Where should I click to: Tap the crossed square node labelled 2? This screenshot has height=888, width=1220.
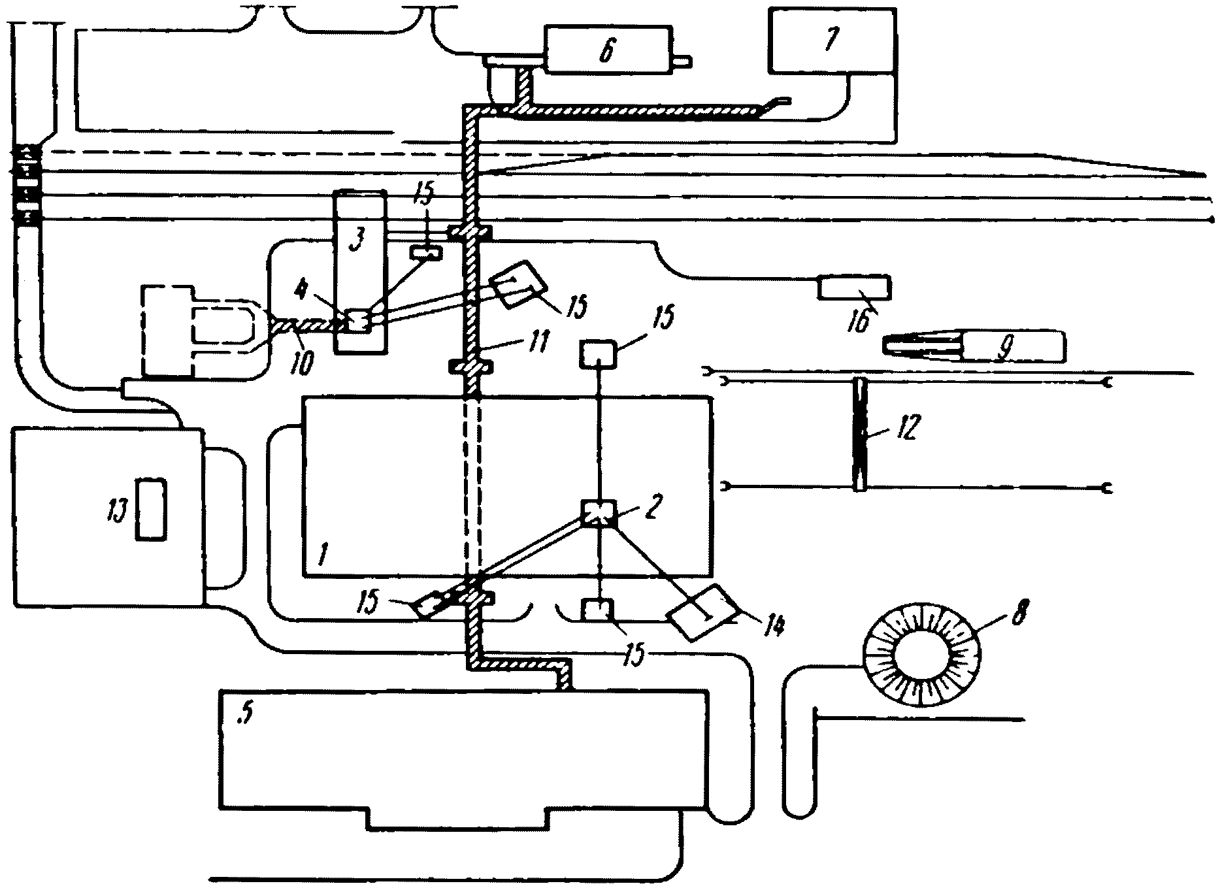pos(598,514)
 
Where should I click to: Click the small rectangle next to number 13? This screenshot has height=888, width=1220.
pos(151,509)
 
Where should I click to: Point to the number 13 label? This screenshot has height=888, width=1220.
pos(120,507)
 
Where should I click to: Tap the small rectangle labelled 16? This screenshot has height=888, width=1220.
pos(854,288)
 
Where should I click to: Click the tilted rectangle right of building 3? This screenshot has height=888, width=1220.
pos(519,286)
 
